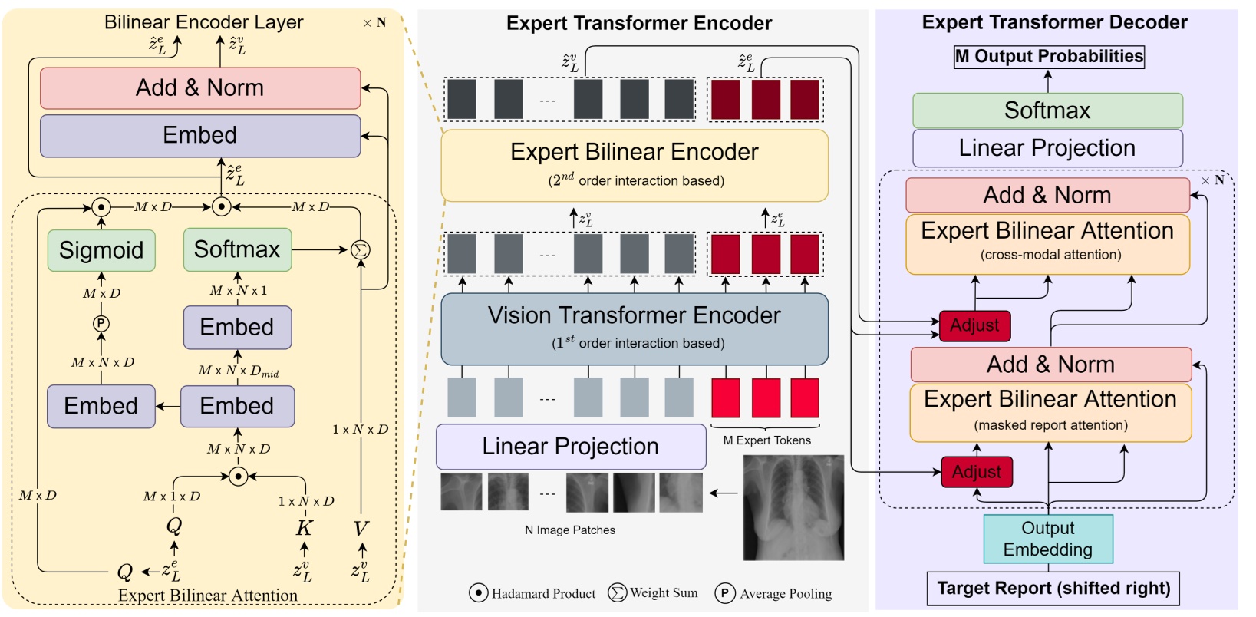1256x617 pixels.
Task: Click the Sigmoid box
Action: point(101,250)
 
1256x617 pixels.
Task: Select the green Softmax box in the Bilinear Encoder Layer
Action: point(237,249)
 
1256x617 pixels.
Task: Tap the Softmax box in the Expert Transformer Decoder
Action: point(1047,111)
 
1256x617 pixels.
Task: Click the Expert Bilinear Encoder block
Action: point(634,164)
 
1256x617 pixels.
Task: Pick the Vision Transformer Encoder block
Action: point(634,328)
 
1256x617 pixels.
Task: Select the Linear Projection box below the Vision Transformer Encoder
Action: point(570,447)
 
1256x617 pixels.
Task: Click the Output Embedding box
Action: point(1047,539)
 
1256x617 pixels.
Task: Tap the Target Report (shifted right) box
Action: point(1053,589)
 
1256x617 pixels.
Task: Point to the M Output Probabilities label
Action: point(1048,57)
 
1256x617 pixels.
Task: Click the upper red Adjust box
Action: point(974,325)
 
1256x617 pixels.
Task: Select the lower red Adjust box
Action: point(976,472)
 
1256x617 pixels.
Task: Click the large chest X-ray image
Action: point(793,506)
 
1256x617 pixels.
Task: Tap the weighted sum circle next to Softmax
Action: point(360,249)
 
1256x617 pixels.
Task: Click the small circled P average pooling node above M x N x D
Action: point(101,324)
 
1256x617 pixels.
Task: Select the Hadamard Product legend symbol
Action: point(478,593)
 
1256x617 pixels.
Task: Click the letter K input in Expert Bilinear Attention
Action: point(304,528)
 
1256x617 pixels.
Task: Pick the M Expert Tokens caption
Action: point(766,440)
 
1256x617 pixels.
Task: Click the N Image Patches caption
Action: point(569,530)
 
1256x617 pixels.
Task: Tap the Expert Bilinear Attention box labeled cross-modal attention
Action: point(1047,243)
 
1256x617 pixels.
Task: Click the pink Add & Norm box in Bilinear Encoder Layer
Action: point(199,88)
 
